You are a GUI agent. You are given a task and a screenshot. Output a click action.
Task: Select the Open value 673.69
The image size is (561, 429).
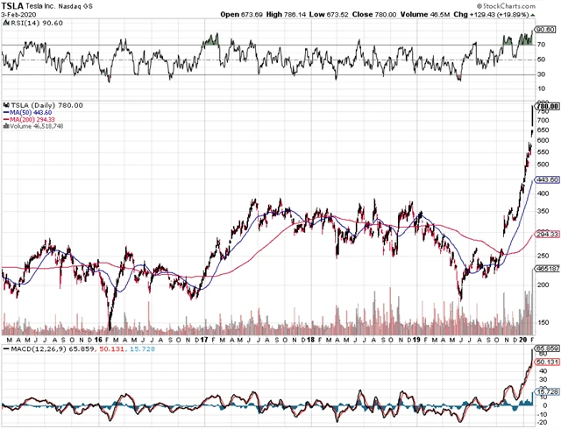point(255,14)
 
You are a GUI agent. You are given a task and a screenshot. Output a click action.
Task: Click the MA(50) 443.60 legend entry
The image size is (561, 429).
point(31,112)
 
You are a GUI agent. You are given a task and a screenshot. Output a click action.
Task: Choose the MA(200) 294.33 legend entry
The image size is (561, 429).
point(32,119)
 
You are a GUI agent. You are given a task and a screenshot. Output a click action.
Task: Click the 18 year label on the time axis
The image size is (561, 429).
point(310,338)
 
